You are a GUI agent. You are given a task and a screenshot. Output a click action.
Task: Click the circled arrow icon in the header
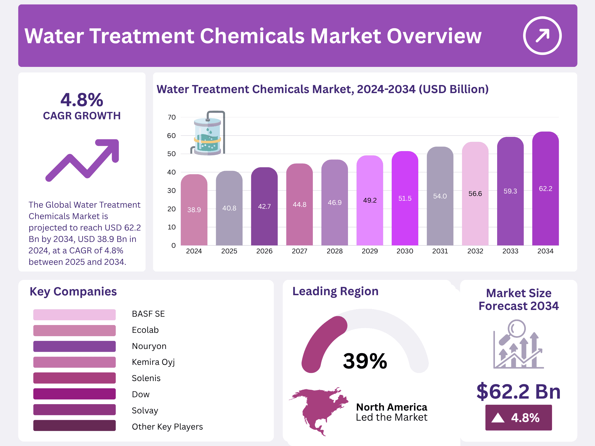[x=542, y=36]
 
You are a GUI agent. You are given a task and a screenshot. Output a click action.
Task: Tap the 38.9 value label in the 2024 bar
[x=194, y=210]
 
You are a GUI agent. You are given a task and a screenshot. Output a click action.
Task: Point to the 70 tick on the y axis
[x=172, y=117]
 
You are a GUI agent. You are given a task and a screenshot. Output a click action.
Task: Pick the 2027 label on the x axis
[x=299, y=251]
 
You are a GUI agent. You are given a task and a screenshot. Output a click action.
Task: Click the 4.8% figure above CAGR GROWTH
[x=82, y=100]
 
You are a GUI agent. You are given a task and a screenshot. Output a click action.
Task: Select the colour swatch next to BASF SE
[x=74, y=314]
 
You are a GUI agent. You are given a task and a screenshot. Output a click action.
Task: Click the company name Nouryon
[x=149, y=346]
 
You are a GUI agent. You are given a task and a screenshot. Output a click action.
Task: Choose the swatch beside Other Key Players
[x=74, y=425]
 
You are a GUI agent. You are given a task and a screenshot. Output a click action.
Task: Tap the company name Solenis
[x=146, y=378]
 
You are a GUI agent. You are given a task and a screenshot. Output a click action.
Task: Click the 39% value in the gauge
[x=365, y=361]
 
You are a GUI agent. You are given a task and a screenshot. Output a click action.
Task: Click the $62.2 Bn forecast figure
[x=518, y=391]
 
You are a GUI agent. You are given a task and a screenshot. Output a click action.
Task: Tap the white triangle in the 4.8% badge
[x=498, y=418]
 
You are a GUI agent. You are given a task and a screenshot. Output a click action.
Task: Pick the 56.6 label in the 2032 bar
[x=475, y=194]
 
